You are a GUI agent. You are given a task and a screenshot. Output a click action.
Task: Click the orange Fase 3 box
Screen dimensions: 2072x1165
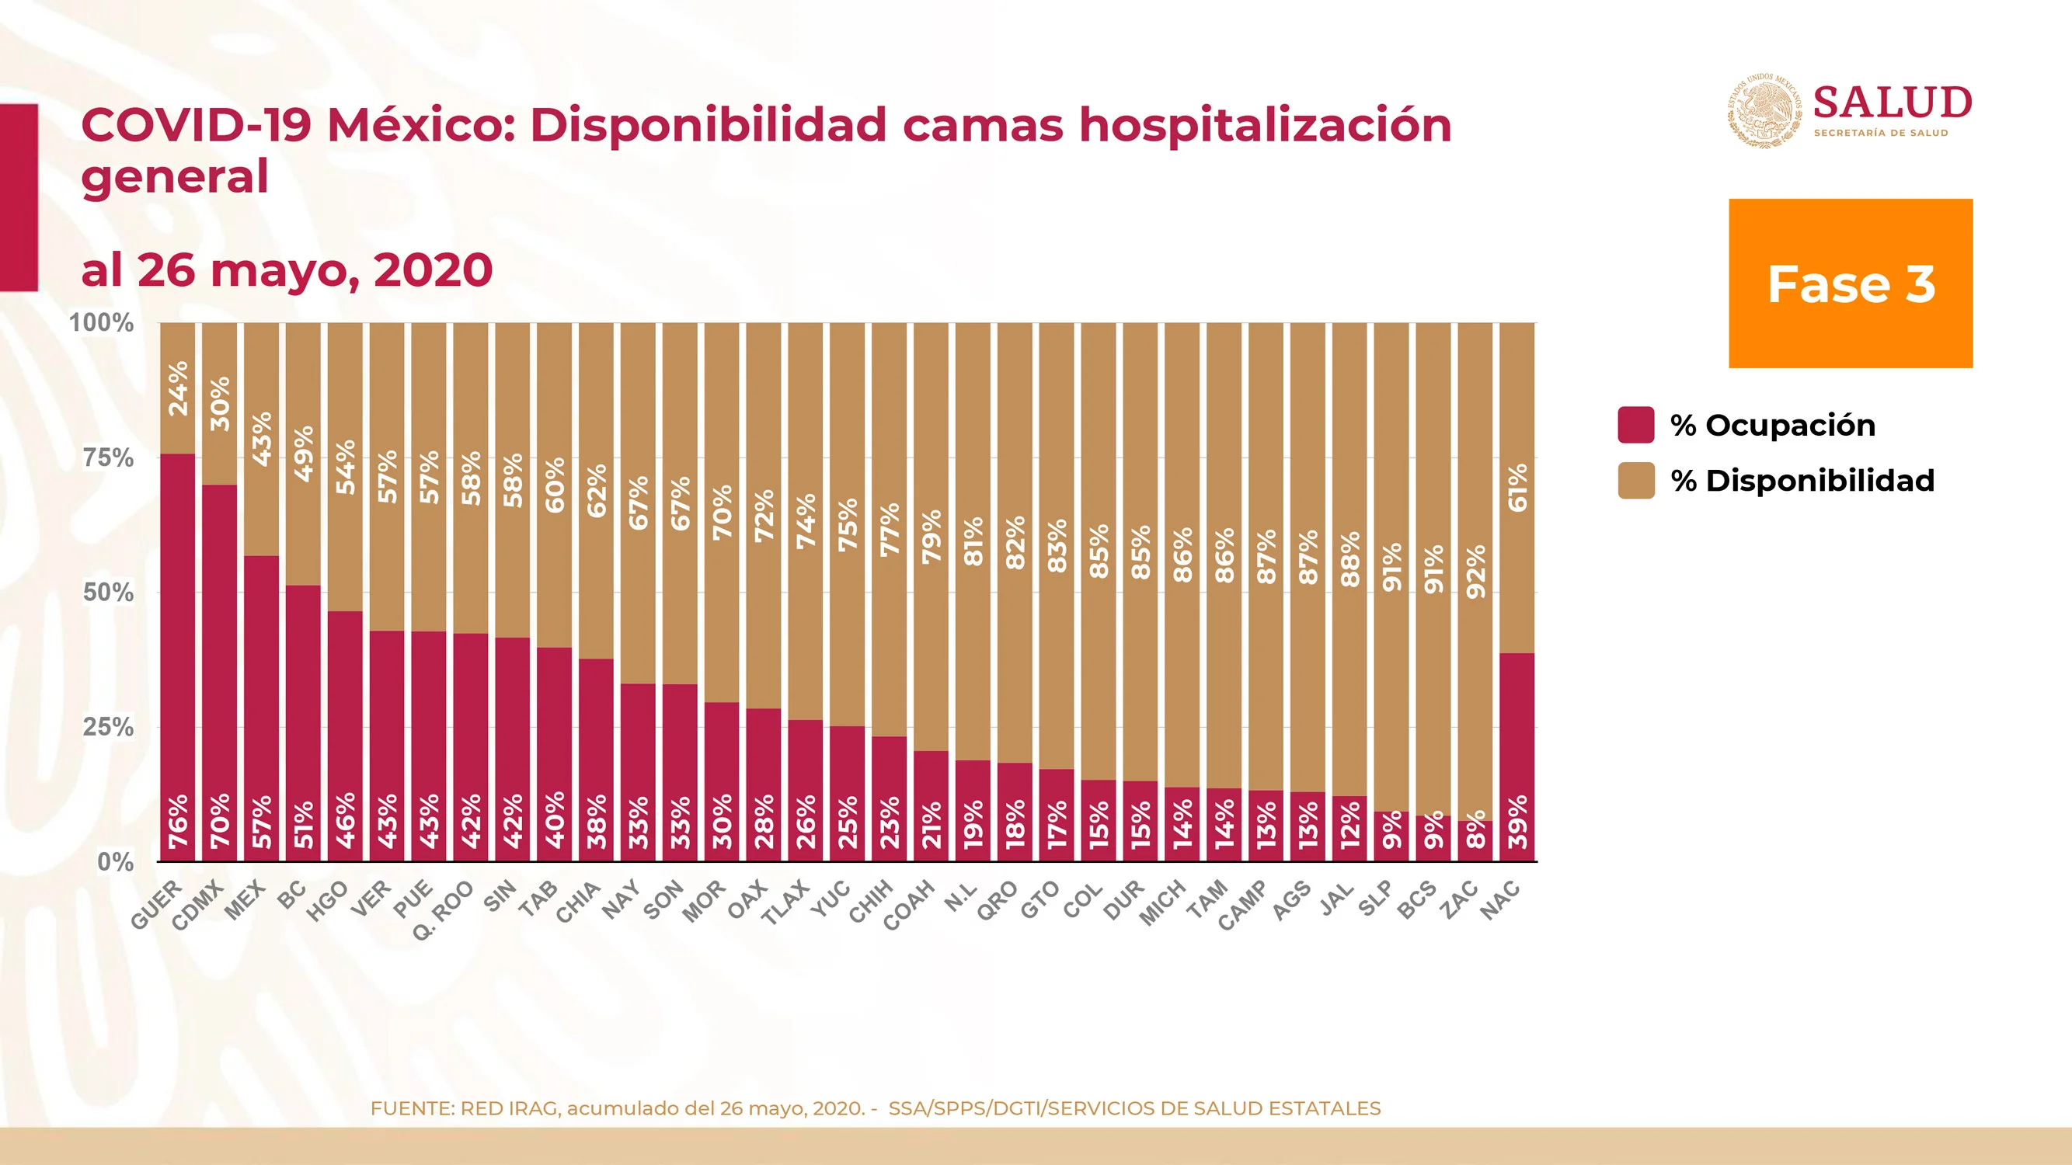[1851, 283]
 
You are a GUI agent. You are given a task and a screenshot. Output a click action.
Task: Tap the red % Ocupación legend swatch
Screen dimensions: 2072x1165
[1636, 425]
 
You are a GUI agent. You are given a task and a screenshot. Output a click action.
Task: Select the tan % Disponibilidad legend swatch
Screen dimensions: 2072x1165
[1636, 480]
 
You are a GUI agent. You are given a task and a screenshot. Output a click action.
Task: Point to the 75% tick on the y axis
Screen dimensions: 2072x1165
[109, 458]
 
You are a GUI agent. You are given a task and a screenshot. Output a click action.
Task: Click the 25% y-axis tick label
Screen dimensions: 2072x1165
[109, 728]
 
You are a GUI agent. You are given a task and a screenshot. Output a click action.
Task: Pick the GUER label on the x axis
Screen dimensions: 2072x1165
[157, 906]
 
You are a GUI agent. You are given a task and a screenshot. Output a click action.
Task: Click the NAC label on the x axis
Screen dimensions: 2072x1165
[1500, 899]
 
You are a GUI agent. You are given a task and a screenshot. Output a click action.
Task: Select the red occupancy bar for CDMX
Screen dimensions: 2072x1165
[220, 673]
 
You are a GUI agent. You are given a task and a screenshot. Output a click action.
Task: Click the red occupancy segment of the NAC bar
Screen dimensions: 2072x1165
[1517, 756]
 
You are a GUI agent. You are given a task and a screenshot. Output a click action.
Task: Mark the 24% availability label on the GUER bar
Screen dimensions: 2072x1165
[178, 388]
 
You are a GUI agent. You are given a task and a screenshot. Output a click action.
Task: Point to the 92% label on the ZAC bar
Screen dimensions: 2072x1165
[1475, 572]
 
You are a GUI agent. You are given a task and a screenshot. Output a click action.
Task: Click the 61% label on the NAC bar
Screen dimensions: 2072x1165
[1517, 488]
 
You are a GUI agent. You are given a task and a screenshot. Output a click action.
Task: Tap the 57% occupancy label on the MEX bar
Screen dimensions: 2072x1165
[261, 821]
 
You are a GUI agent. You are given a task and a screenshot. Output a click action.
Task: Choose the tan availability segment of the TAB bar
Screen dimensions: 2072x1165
[554, 485]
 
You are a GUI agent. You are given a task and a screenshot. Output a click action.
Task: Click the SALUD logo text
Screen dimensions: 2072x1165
[1893, 103]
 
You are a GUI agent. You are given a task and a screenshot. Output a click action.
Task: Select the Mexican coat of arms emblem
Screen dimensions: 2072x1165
[1766, 110]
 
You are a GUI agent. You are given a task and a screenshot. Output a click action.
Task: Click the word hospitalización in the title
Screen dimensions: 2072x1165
[1266, 127]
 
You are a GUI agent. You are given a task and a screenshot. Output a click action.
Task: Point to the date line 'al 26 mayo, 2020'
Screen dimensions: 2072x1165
[287, 270]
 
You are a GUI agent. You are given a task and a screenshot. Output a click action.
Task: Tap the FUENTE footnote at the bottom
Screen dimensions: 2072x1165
[875, 1109]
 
